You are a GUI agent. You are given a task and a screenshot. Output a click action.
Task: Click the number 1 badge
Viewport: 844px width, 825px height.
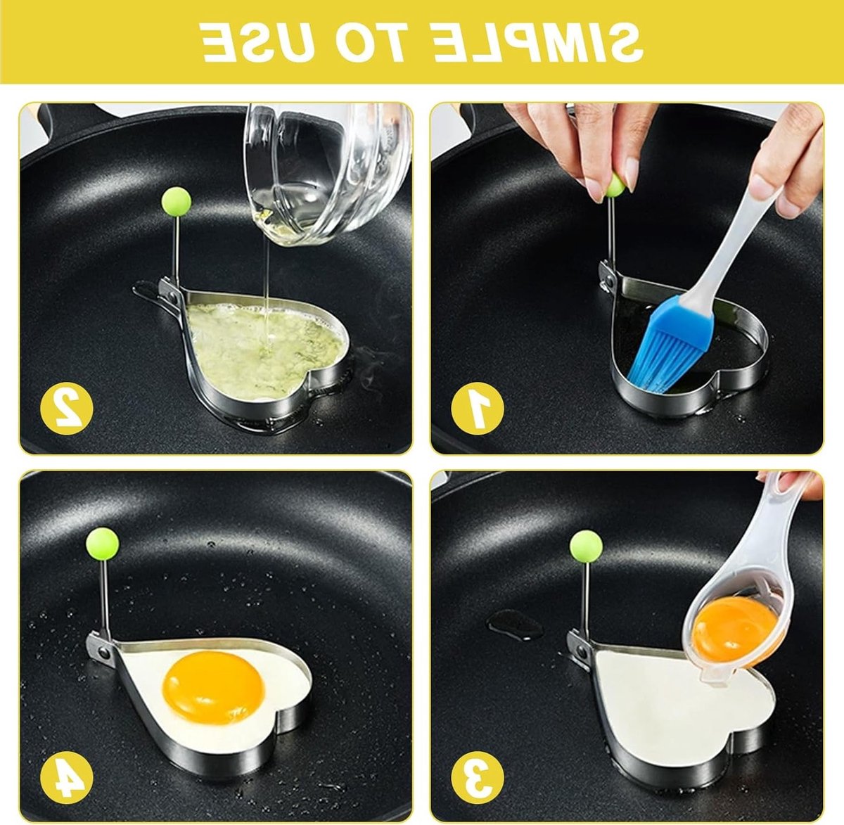pyautogui.click(x=477, y=408)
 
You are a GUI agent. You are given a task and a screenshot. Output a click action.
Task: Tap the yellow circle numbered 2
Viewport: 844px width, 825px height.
pyautogui.click(x=66, y=408)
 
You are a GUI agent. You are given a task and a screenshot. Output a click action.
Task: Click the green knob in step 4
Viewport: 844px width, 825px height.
pyautogui.click(x=103, y=543)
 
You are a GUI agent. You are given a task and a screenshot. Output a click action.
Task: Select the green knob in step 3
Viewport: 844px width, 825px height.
pyautogui.click(x=587, y=546)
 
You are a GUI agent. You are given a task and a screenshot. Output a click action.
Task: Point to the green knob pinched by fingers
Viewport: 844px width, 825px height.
pyautogui.click(x=616, y=185)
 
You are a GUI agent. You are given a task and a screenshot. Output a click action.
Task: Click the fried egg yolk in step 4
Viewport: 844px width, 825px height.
pyautogui.click(x=213, y=688)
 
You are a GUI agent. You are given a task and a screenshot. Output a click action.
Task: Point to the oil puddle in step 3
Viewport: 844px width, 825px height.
pyautogui.click(x=516, y=623)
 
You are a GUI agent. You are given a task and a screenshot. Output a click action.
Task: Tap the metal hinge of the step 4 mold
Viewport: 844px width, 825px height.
pyautogui.click(x=102, y=650)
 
